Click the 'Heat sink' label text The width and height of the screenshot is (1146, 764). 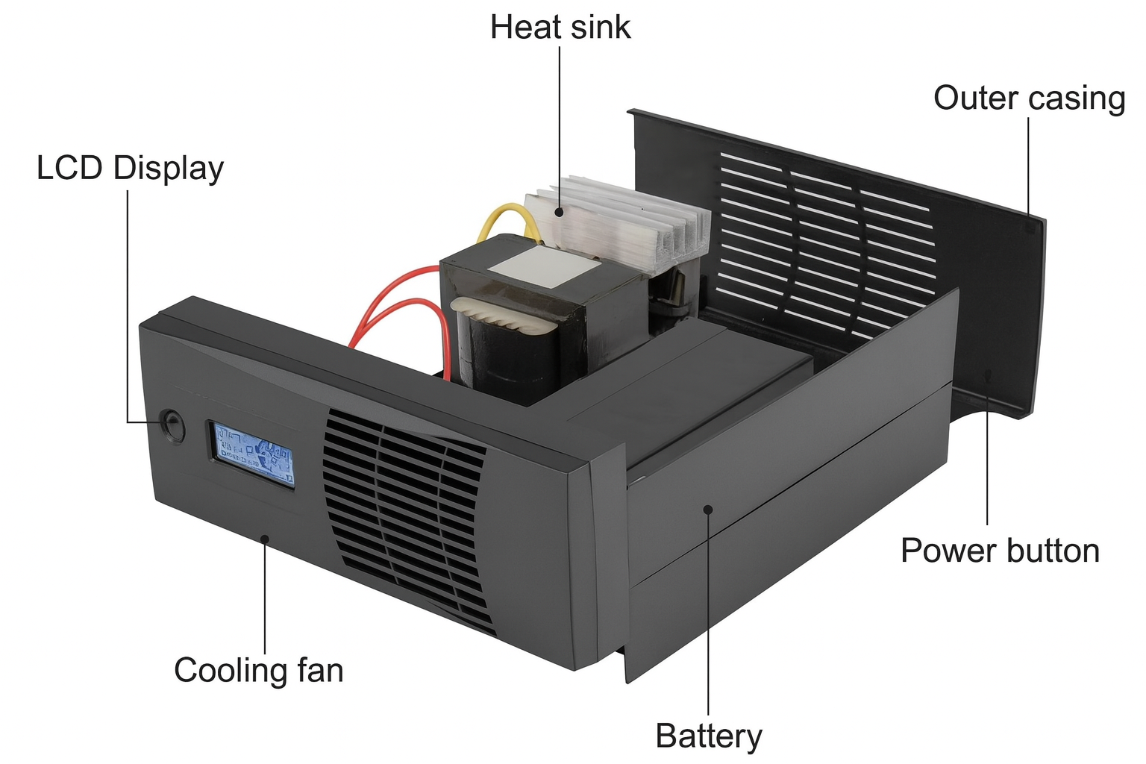560,28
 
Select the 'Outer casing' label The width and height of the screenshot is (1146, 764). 1029,98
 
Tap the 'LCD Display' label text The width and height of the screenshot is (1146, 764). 130,169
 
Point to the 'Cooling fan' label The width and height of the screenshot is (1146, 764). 258,670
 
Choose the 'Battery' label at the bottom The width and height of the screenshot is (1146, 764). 709,736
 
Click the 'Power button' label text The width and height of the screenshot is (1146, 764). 1000,551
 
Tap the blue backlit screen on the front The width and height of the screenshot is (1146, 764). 252,454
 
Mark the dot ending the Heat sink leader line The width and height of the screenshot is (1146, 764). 559,211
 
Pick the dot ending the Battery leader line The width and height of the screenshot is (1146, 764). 708,509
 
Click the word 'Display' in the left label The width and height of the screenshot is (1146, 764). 168,169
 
